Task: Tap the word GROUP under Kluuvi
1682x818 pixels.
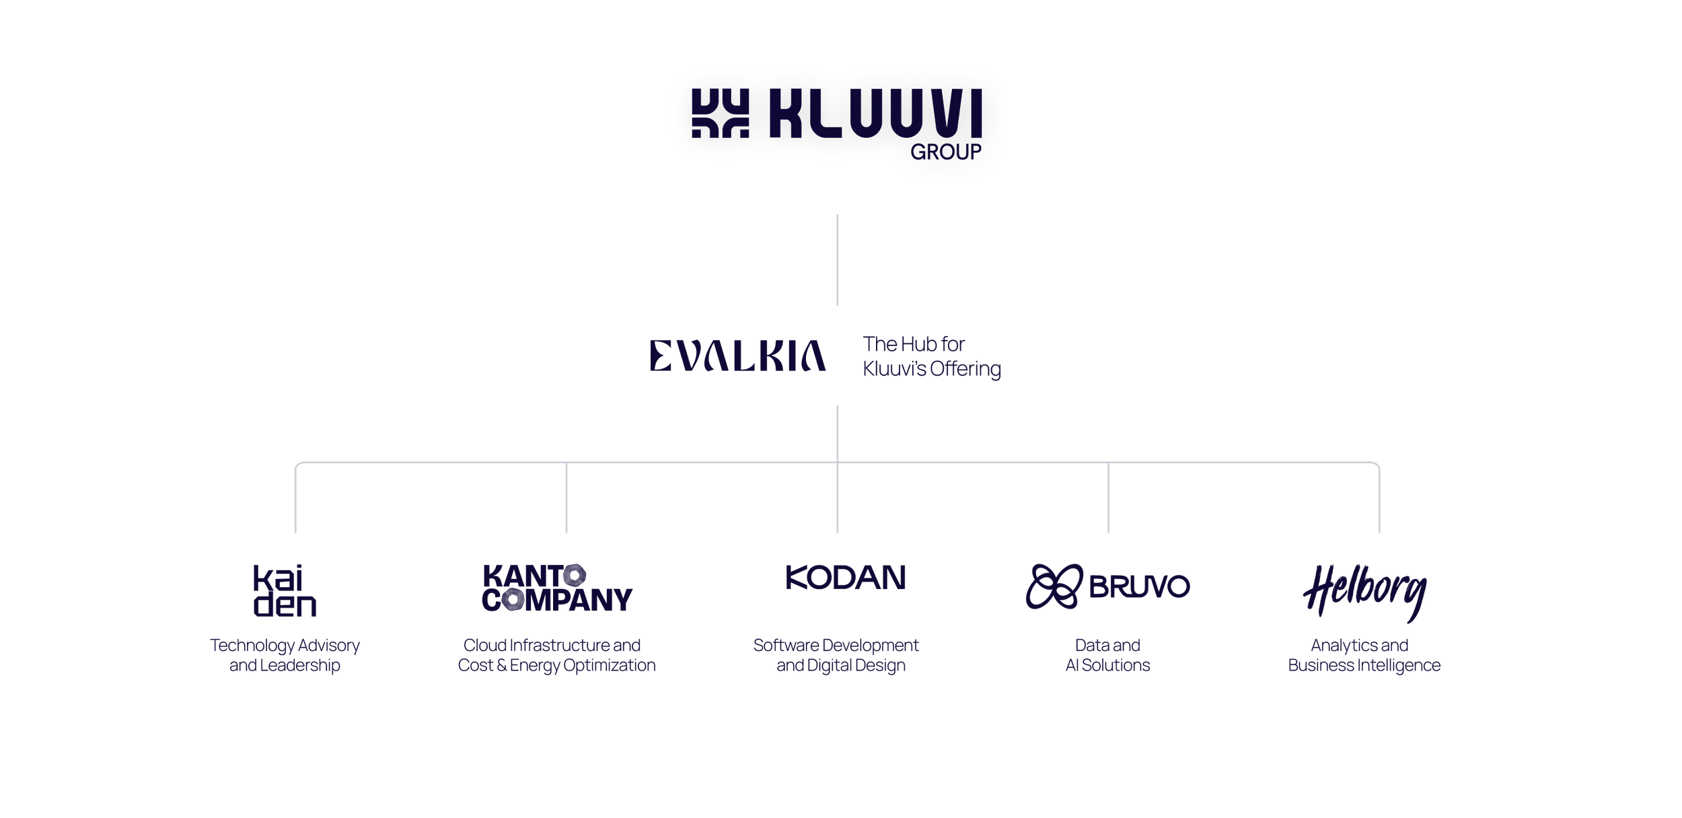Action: pyautogui.click(x=946, y=152)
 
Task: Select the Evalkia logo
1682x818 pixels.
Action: pyautogui.click(x=738, y=356)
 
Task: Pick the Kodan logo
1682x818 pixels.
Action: pyautogui.click(x=846, y=578)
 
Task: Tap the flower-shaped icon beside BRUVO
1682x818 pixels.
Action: pyautogui.click(x=1054, y=586)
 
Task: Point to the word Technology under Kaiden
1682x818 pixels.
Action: pyautogui.click(x=253, y=646)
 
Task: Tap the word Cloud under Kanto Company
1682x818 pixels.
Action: pyautogui.click(x=485, y=646)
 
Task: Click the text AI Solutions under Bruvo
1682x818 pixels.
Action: pyautogui.click(x=1108, y=666)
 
